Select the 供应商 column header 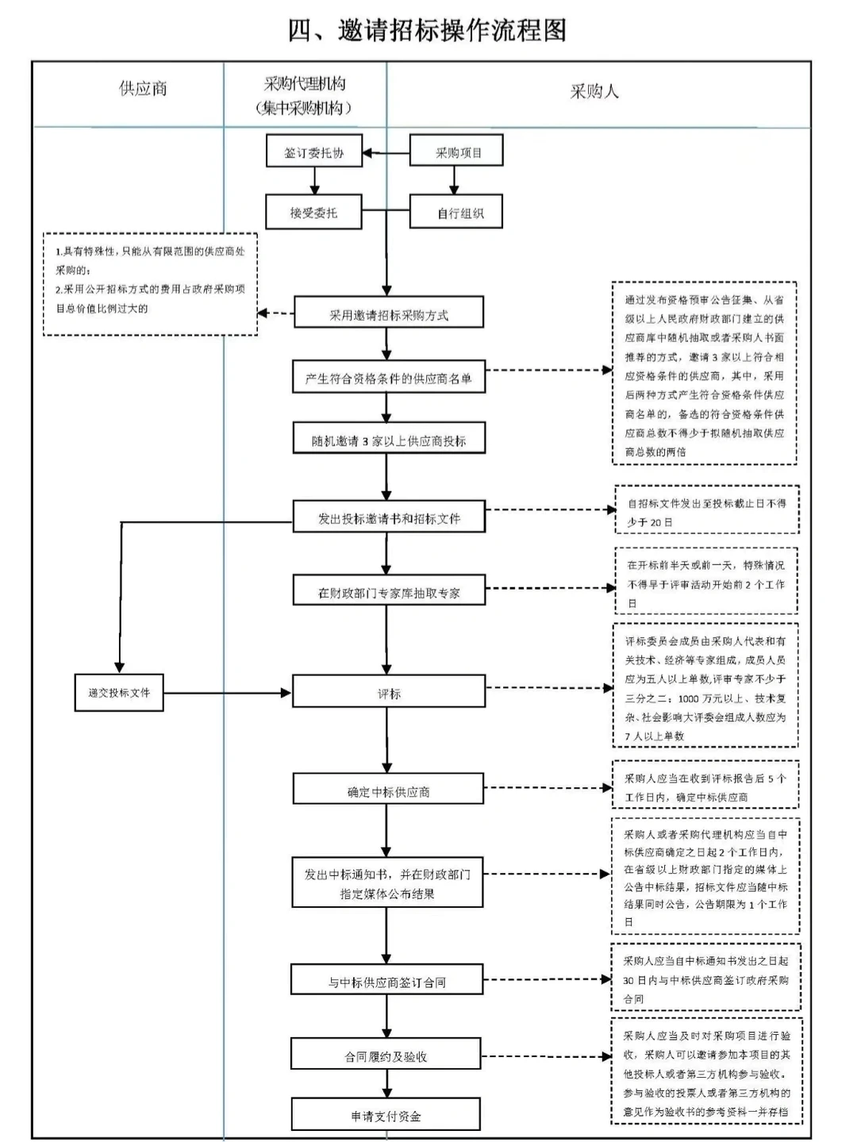(143, 89)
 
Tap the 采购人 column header (594, 91)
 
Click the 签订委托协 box (314, 152)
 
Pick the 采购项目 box (457, 152)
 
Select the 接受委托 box (313, 213)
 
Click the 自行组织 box (457, 213)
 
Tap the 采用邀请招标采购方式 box (388, 313)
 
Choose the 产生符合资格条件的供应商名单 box (388, 378)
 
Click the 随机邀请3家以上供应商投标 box (388, 440)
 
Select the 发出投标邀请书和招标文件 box (388, 517)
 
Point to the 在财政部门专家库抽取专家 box (388, 592)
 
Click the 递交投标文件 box (119, 693)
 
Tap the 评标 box (388, 693)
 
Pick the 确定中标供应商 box (388, 790)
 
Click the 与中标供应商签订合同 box (386, 981)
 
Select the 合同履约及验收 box (386, 1055)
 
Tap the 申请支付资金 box (386, 1115)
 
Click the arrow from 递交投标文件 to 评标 (227, 693)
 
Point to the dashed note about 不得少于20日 (706, 512)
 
